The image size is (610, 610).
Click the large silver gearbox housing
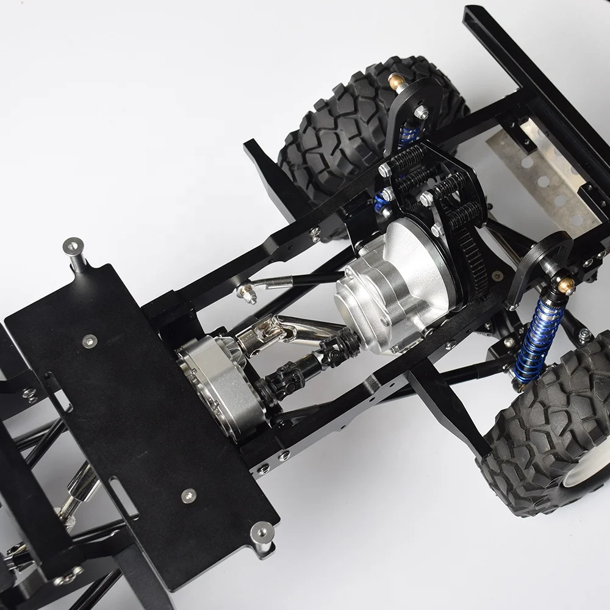click(390, 287)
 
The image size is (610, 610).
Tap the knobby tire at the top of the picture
click(342, 122)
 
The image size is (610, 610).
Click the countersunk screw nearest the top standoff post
click(90, 340)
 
